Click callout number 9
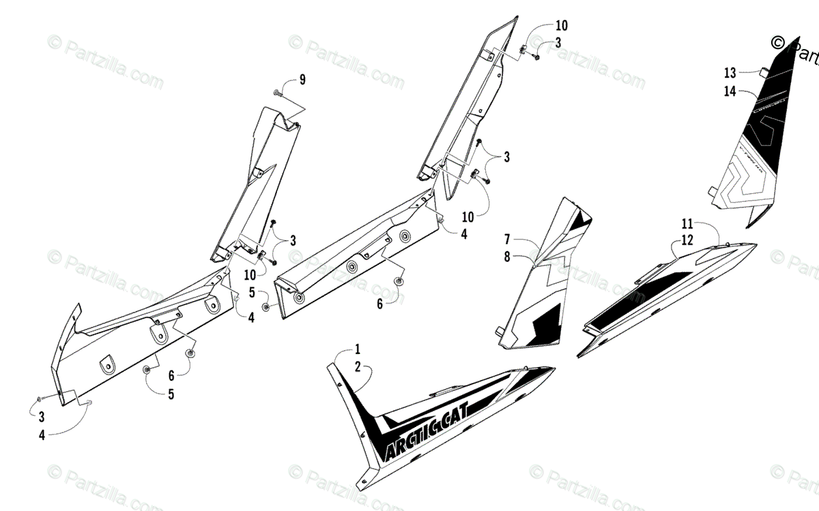pyautogui.click(x=302, y=80)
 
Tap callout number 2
pyautogui.click(x=357, y=366)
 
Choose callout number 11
pyautogui.click(x=686, y=224)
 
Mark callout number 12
pyautogui.click(x=686, y=239)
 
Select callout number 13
pyautogui.click(x=730, y=72)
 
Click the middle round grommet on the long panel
pyautogui.click(x=352, y=265)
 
